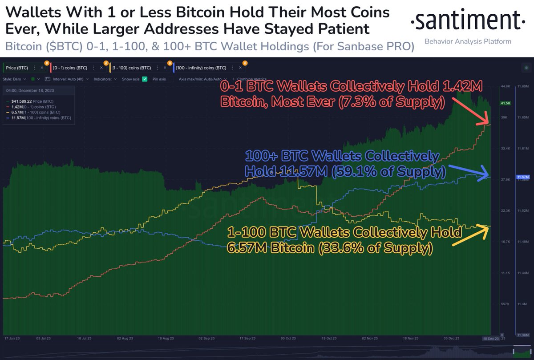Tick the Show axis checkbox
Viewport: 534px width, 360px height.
tap(145, 79)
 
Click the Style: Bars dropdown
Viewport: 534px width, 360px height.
tap(14, 79)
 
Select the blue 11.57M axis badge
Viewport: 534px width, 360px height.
tap(522, 177)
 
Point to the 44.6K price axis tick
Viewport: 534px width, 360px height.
tap(506, 86)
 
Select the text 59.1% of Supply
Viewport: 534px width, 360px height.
tap(409, 171)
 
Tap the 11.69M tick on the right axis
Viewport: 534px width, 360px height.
tap(523, 86)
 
